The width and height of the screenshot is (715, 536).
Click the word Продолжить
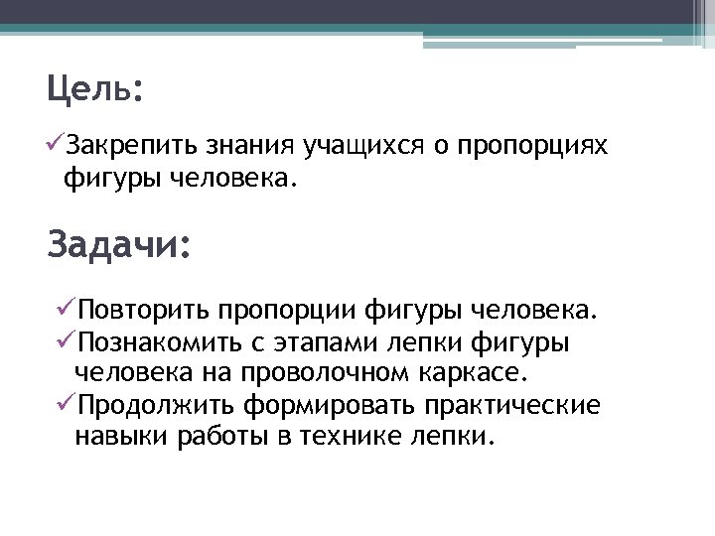(155, 407)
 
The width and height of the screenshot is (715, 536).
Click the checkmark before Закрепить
(56, 147)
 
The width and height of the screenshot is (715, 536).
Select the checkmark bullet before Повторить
(68, 310)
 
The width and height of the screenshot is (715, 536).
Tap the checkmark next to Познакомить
(68, 341)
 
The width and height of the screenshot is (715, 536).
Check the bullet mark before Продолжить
(68, 405)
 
